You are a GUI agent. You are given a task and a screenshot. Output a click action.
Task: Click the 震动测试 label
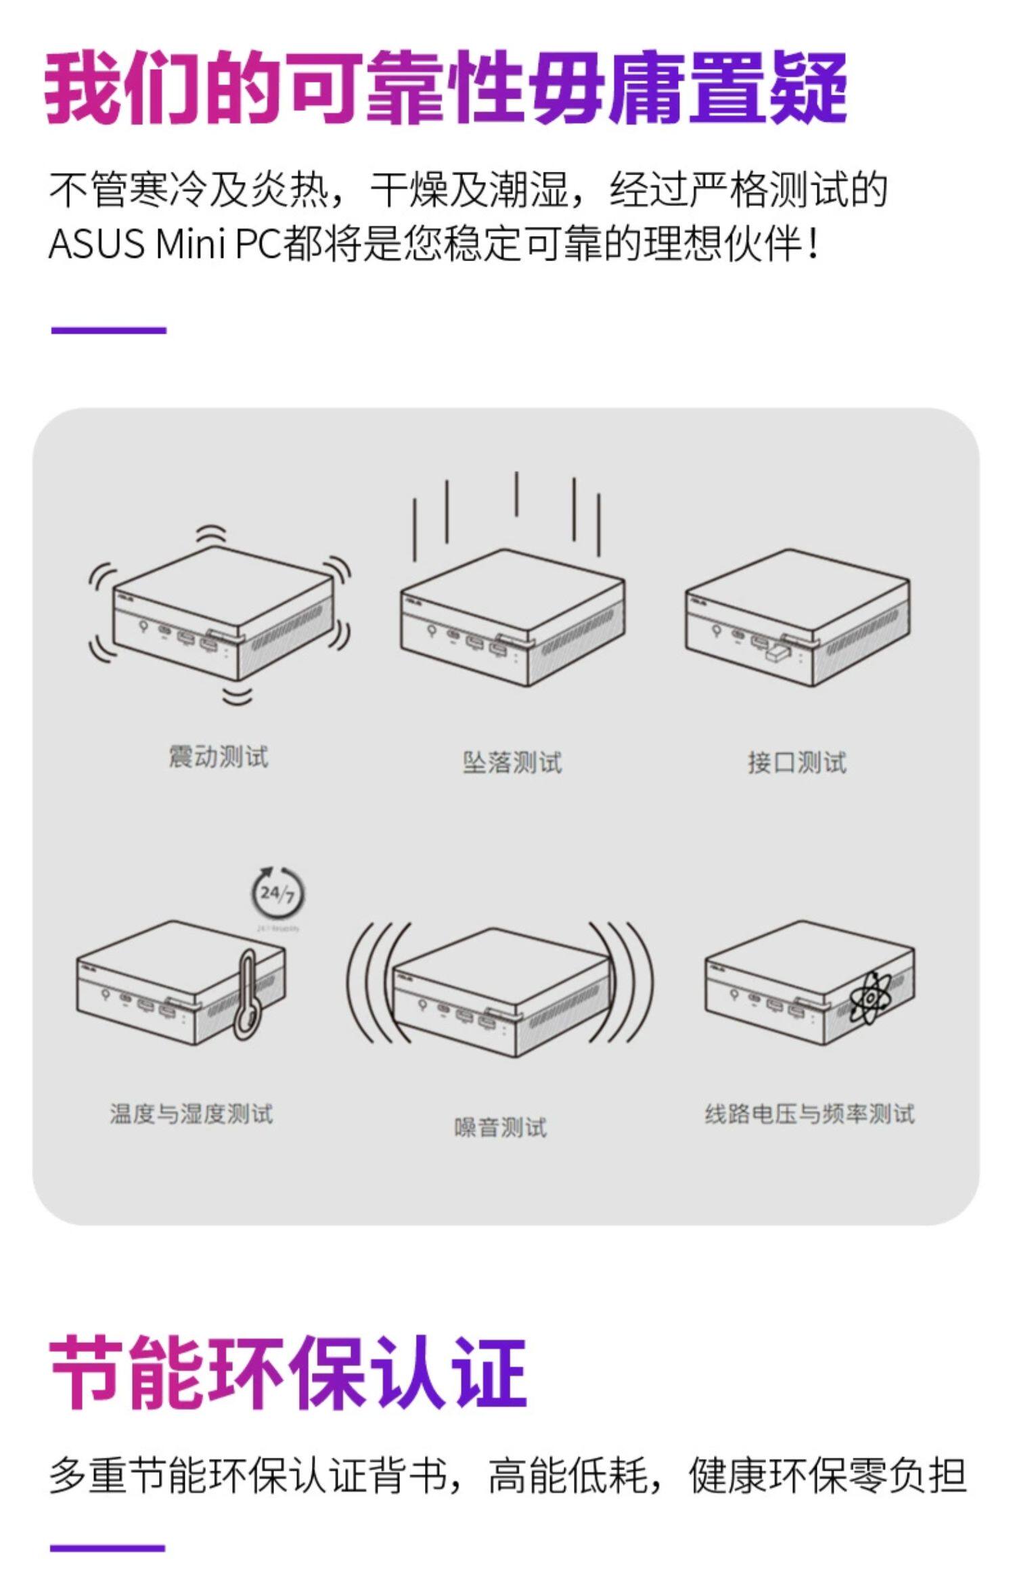218,756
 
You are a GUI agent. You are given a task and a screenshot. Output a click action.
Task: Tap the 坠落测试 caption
512,762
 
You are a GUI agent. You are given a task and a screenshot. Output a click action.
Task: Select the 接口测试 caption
797,762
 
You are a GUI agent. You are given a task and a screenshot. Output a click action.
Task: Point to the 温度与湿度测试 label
191,1113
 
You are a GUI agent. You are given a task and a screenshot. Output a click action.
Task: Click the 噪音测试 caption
500,1127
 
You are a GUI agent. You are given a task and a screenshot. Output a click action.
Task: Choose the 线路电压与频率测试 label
809,1113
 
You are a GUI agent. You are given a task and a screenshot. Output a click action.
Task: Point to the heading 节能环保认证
288,1372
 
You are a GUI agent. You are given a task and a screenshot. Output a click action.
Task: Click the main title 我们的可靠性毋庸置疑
445,88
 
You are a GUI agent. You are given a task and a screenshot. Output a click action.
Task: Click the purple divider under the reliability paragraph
108,330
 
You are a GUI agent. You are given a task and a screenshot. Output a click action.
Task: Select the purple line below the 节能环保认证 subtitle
108,1547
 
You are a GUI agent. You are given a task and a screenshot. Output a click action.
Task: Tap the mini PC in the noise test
501,991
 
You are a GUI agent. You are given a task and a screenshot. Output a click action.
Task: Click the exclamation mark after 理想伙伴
813,244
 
